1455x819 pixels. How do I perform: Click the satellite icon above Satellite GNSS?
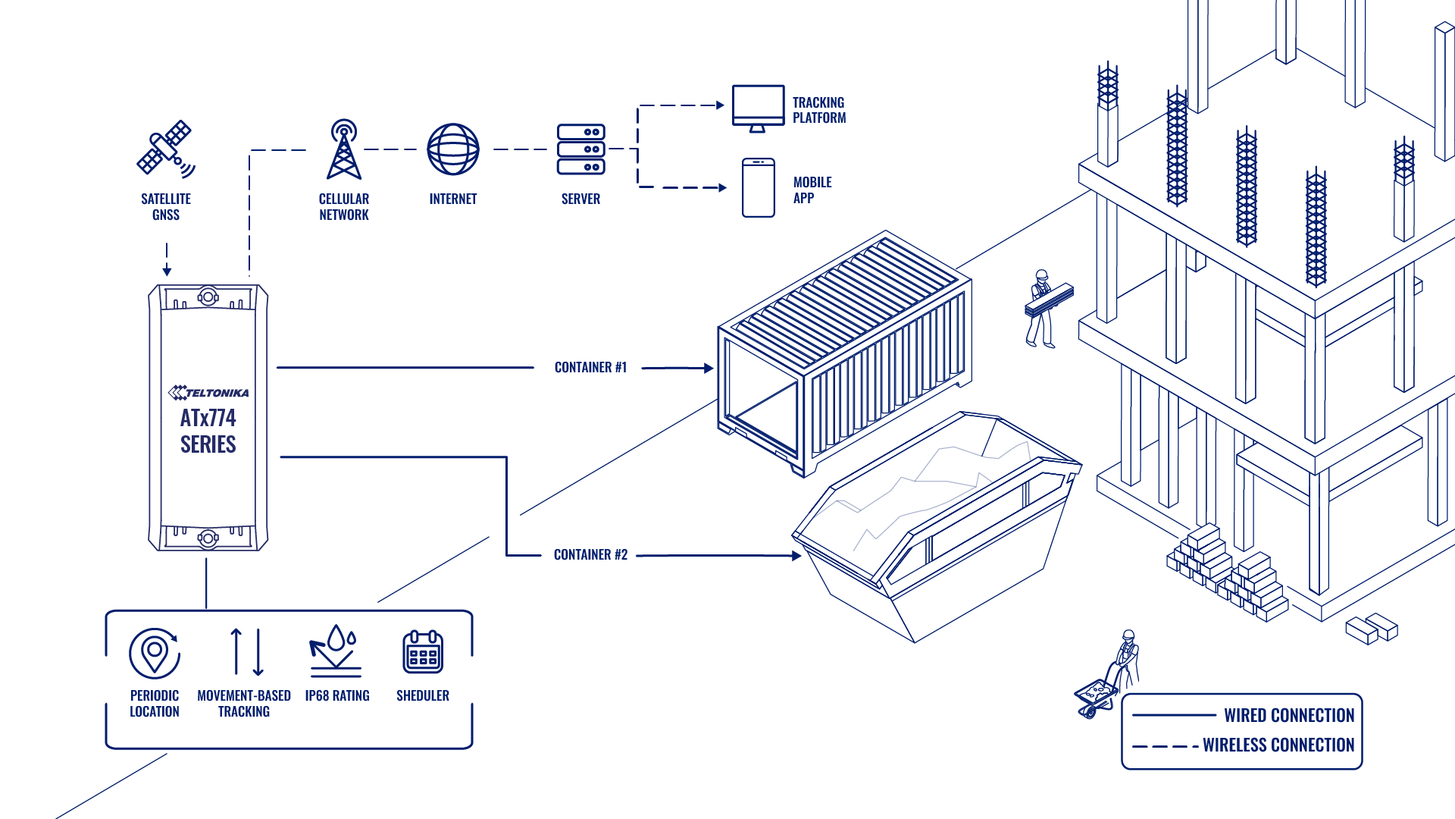pyautogui.click(x=166, y=149)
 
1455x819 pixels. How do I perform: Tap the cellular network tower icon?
pyautogui.click(x=344, y=149)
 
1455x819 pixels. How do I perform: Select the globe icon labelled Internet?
pyautogui.click(x=453, y=149)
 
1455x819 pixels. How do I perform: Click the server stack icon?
pyautogui.click(x=581, y=149)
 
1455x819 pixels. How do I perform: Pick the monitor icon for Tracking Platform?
pyautogui.click(x=758, y=108)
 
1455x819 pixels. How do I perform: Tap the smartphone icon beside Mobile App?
pyautogui.click(x=759, y=187)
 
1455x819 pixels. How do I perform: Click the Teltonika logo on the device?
pyautogui.click(x=208, y=392)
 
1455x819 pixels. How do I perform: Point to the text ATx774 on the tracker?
pyautogui.click(x=208, y=418)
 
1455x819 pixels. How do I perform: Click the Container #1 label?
pyautogui.click(x=591, y=368)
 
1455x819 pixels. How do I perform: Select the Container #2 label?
pyautogui.click(x=591, y=555)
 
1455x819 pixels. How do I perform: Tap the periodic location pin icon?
pyautogui.click(x=155, y=653)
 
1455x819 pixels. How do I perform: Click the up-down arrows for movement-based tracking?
pyautogui.click(x=247, y=652)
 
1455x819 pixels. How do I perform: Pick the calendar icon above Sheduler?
pyautogui.click(x=423, y=651)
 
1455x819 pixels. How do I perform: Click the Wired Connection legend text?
pyautogui.click(x=1289, y=715)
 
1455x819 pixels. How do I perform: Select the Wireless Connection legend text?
pyautogui.click(x=1278, y=745)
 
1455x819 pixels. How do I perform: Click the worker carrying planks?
pyautogui.click(x=1047, y=308)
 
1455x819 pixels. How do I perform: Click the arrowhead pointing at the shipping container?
pyautogui.click(x=709, y=369)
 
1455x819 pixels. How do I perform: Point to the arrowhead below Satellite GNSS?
pyautogui.click(x=167, y=271)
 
